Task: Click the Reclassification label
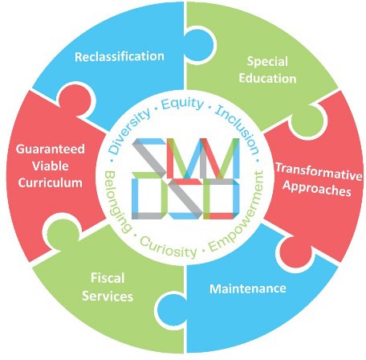coord(120,56)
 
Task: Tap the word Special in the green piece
coord(267,62)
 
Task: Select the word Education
coord(267,78)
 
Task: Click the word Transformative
coord(319,171)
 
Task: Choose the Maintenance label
coord(248,288)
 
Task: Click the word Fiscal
coord(108,278)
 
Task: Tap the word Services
coord(108,296)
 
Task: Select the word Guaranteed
coord(51,149)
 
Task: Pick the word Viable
coord(51,166)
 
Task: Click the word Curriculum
coord(51,182)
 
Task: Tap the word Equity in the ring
coord(183,104)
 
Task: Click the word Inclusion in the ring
coord(238,129)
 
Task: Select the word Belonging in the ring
coord(117,202)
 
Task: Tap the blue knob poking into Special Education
coord(200,46)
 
